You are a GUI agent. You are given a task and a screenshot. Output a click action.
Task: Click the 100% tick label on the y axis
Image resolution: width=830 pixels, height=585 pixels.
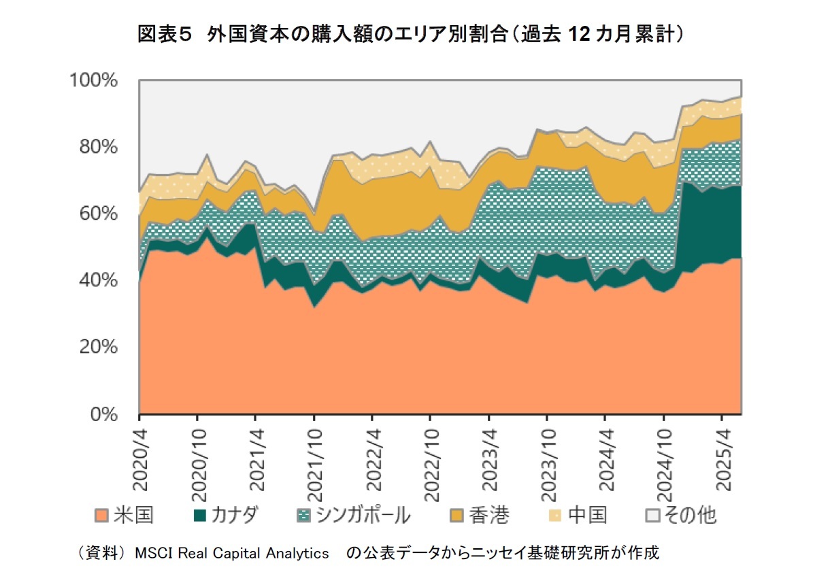(95, 80)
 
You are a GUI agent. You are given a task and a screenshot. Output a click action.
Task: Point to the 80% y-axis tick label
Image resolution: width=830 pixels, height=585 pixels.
(99, 147)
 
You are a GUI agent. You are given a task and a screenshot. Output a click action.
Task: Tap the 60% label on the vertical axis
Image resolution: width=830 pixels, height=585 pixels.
(99, 214)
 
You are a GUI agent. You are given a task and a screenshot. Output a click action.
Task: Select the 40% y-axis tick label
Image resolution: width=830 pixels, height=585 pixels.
(99, 280)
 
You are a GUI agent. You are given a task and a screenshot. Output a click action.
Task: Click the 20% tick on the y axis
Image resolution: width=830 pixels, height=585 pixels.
(99, 347)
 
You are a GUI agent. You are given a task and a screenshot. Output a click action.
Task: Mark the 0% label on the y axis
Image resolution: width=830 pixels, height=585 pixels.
(106, 414)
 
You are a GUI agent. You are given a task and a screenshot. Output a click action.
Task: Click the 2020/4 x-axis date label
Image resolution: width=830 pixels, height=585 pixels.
(139, 456)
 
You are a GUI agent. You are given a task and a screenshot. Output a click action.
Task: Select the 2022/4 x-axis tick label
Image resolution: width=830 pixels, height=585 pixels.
(372, 456)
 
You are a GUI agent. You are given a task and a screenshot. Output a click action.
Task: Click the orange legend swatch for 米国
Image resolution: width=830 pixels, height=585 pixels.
(102, 515)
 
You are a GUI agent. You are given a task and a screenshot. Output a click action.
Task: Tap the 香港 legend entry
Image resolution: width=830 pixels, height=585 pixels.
(489, 515)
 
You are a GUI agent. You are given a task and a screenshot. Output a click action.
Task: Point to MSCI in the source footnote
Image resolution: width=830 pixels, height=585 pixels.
(153, 553)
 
